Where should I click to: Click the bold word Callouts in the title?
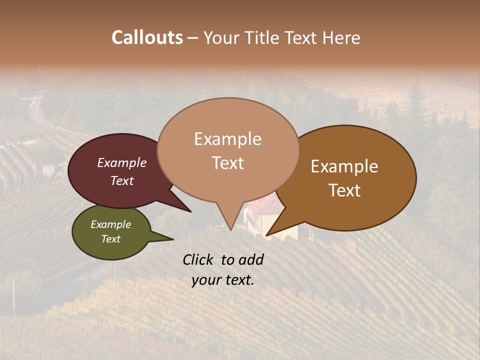147,37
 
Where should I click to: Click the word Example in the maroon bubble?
121,162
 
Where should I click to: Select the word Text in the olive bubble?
111,239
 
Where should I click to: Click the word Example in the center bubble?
227,139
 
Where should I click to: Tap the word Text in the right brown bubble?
344,190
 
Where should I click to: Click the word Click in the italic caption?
198,259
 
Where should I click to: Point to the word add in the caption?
251,259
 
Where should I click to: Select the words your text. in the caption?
222,280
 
